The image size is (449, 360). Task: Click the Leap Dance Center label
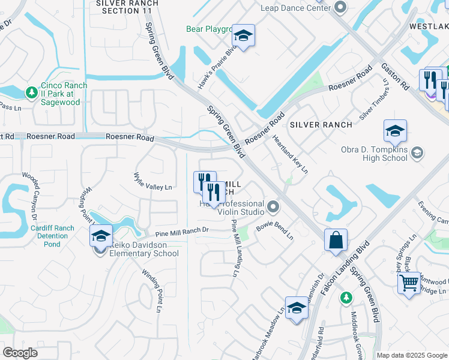point(296,8)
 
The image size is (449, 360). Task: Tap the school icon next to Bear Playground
point(243,37)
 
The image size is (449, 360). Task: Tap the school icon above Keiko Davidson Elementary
point(101,236)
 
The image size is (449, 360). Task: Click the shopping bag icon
point(336,240)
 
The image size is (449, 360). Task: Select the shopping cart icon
point(409,281)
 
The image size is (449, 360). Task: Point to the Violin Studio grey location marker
point(273,207)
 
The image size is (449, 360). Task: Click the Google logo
point(20,353)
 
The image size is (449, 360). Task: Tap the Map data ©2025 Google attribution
point(411,355)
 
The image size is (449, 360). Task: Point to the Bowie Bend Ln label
point(274,231)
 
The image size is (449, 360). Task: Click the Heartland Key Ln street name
point(290,154)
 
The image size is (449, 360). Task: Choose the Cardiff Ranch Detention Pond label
point(52,236)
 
